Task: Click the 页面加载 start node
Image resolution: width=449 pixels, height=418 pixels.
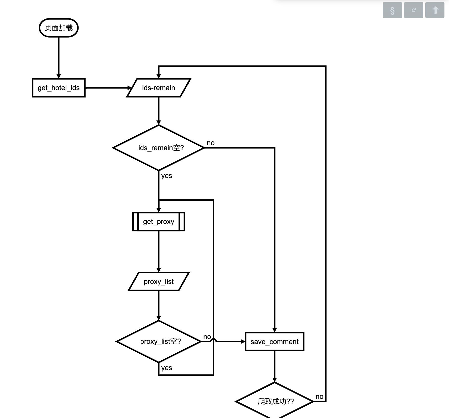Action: coord(59,28)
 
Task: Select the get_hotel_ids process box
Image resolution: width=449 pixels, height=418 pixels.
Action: coord(59,88)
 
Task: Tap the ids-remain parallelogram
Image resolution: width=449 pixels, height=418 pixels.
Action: coord(159,88)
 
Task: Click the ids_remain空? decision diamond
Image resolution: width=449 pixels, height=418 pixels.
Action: coord(159,148)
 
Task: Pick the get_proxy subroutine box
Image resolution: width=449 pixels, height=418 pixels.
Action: coord(159,222)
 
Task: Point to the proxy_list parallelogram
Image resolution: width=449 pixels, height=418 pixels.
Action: coord(159,281)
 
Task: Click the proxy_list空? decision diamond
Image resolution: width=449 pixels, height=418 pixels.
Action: coord(159,342)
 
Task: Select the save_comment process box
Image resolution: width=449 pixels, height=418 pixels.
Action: coord(275,342)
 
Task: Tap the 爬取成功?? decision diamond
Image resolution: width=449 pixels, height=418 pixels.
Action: coord(275,401)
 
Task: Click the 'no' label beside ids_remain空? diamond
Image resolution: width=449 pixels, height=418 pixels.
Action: coord(211,143)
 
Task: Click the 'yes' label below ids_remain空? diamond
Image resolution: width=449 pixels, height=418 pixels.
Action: coord(167,176)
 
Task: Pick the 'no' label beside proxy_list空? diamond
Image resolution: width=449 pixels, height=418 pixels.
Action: coord(207,337)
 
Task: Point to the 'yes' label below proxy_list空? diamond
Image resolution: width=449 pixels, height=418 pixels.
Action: coord(167,368)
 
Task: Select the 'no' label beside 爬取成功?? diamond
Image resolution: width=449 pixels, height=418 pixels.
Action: coord(319,397)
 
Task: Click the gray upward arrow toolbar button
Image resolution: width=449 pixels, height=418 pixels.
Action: coord(435,10)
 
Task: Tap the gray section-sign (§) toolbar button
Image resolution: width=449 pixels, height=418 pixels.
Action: coord(392,10)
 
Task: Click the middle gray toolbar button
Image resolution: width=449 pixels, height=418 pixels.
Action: coord(413,10)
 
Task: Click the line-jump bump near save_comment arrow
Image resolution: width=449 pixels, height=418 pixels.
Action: coord(213,340)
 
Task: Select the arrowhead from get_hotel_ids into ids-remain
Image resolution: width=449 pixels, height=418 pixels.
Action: coord(130,88)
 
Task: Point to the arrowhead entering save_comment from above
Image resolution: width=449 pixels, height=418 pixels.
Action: coord(275,330)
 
